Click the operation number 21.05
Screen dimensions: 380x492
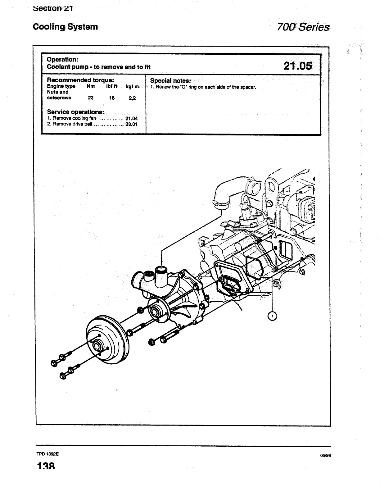click(x=297, y=66)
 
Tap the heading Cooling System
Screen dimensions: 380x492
click(x=65, y=27)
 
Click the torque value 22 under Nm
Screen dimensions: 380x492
click(x=91, y=98)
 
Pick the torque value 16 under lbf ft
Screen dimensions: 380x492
click(x=111, y=98)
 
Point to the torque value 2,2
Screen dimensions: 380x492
click(x=132, y=98)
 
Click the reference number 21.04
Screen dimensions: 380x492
click(x=131, y=118)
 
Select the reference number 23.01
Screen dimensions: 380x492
click(x=131, y=124)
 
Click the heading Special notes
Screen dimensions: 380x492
click(x=170, y=81)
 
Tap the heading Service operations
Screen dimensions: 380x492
click(x=75, y=112)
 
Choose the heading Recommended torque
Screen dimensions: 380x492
click(x=78, y=80)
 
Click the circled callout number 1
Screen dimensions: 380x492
click(x=272, y=316)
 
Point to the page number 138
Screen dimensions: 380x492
click(x=46, y=466)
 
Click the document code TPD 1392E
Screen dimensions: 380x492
click(x=47, y=454)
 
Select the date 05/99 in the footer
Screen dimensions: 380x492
click(x=325, y=455)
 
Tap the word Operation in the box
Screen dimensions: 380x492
click(x=62, y=59)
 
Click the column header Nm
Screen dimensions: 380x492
click(x=91, y=86)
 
